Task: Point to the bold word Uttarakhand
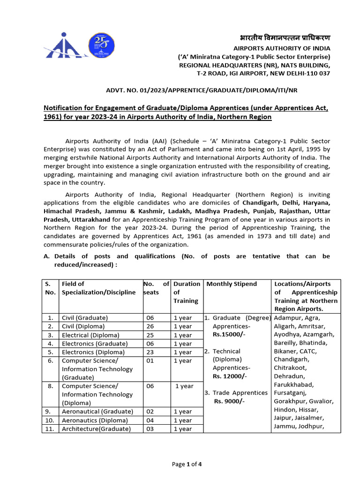point(87,219)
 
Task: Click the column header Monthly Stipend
point(232,284)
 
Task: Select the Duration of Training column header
point(186,292)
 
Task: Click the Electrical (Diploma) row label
point(90,335)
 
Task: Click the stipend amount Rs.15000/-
point(229,335)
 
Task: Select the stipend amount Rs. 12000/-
point(230,376)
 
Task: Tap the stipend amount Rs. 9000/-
point(229,401)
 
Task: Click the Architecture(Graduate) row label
point(97,428)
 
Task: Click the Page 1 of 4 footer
point(187,465)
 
